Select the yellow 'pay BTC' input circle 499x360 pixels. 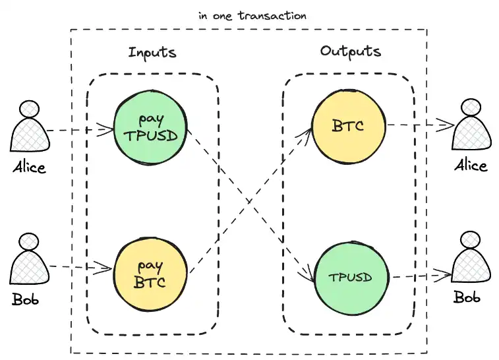pyautogui.click(x=151, y=274)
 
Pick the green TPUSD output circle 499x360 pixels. pyautogui.click(x=349, y=277)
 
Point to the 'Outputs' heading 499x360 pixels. pyautogui.click(x=350, y=51)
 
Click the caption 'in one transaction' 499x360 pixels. pyautogui.click(x=252, y=15)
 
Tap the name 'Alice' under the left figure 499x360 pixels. pyautogui.click(x=30, y=167)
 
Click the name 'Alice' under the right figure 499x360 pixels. pyautogui.click(x=471, y=165)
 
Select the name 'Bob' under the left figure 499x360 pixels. pyautogui.click(x=26, y=300)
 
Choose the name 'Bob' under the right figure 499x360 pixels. pyautogui.click(x=467, y=297)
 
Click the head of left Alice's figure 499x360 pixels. pyautogui.click(x=30, y=109)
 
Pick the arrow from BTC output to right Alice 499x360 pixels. pyautogui.click(x=419, y=124)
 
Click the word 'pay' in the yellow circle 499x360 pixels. pyautogui.click(x=150, y=266)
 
